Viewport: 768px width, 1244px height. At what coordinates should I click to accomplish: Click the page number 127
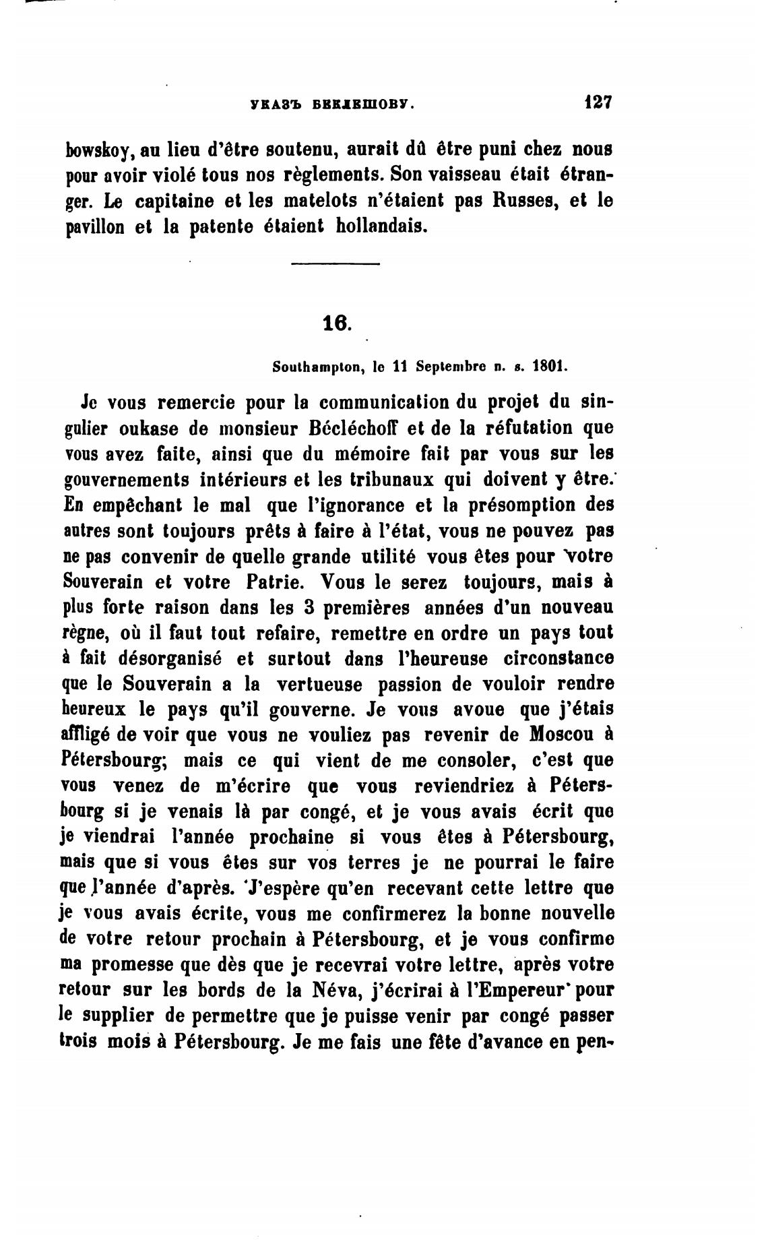coord(598,103)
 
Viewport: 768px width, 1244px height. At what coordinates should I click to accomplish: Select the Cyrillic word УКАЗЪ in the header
coord(271,105)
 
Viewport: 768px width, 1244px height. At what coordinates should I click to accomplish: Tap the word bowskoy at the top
coord(97,149)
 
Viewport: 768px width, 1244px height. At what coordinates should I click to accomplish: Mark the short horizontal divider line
coord(335,263)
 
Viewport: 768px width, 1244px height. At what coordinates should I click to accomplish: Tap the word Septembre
coord(451,368)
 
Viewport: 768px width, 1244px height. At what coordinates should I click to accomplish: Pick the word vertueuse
coord(320,684)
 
